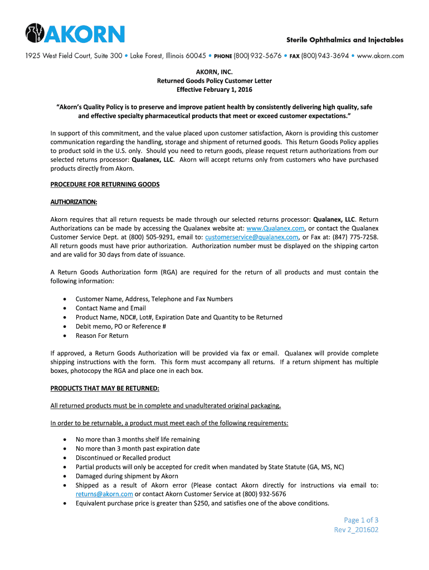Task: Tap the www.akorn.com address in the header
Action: (x=380, y=56)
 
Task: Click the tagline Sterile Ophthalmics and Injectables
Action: (x=345, y=40)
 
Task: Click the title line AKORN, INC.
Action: (x=214, y=72)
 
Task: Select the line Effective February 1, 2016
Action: (x=214, y=90)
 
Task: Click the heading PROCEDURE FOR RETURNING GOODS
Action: (x=105, y=184)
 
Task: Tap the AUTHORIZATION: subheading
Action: (x=74, y=202)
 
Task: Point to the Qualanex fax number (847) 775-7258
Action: (x=353, y=237)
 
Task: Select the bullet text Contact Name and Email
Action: (x=111, y=308)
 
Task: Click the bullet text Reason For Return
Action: (x=102, y=336)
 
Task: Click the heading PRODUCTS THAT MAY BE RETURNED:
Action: (x=105, y=388)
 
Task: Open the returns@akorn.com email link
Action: (x=104, y=494)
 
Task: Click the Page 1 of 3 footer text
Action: (x=355, y=520)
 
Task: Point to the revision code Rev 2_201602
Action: (x=356, y=530)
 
